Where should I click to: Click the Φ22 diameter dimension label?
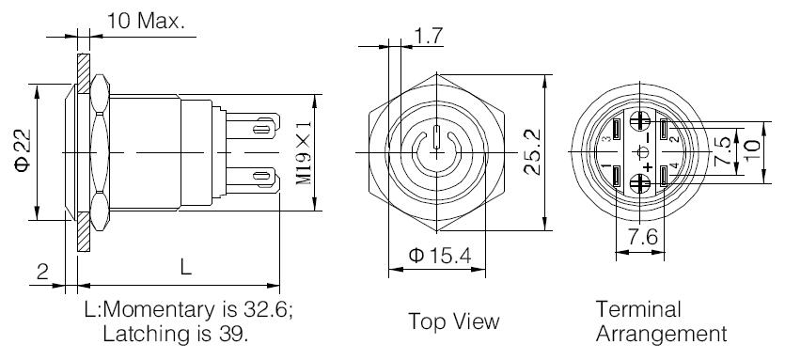click(x=23, y=150)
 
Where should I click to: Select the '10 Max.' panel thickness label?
click(x=145, y=21)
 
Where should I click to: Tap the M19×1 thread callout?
click(x=304, y=152)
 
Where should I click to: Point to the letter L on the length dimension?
click(x=186, y=268)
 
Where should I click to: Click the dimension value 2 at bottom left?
click(x=42, y=272)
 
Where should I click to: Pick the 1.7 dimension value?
click(x=429, y=37)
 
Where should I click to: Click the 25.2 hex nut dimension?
click(x=532, y=151)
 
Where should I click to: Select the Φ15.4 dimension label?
click(x=440, y=256)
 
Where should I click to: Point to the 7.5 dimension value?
click(x=722, y=151)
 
